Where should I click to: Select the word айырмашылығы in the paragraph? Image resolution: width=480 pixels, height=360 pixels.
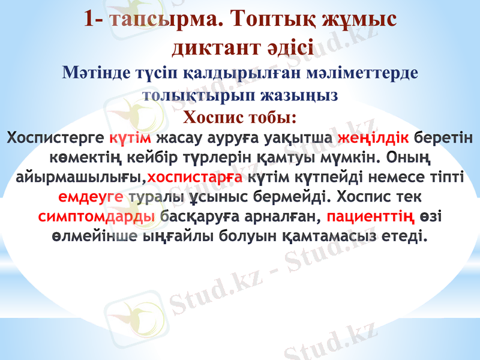pos(79,178)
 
